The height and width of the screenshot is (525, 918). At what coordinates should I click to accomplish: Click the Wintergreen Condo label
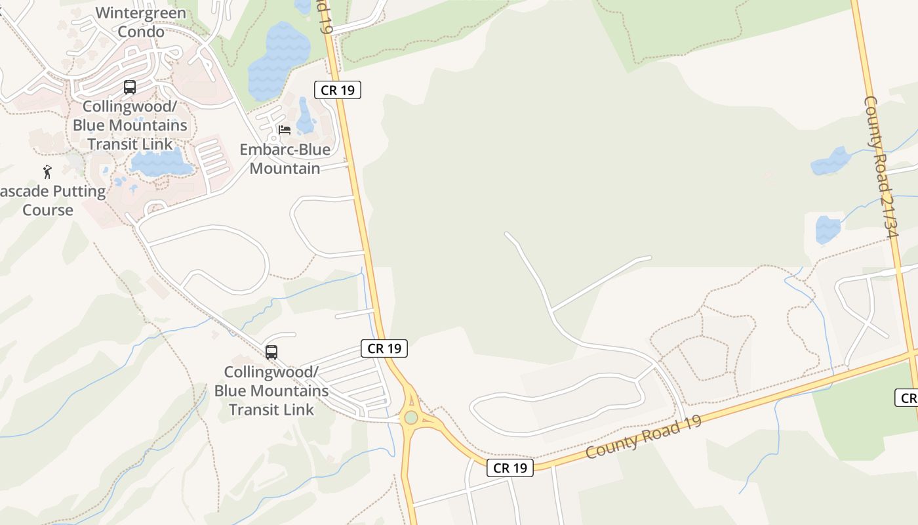pyautogui.click(x=141, y=22)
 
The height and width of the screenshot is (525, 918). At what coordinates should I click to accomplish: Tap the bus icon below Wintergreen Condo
pyautogui.click(x=130, y=87)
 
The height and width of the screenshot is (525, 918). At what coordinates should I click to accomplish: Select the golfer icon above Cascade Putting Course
pyautogui.click(x=47, y=173)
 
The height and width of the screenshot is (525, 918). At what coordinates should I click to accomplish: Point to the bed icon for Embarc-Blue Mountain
pyautogui.click(x=285, y=130)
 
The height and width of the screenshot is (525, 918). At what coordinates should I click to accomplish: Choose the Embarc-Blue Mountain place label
pyautogui.click(x=285, y=159)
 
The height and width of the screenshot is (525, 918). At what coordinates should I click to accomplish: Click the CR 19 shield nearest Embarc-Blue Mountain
pyautogui.click(x=338, y=90)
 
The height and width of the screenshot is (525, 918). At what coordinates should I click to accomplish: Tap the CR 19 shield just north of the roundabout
pyautogui.click(x=384, y=348)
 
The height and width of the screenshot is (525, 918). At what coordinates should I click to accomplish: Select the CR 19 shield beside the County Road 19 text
pyautogui.click(x=509, y=468)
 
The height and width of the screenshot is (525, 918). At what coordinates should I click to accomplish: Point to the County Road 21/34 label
pyautogui.click(x=881, y=167)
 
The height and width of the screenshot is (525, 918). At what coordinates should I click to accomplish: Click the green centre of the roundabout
pyautogui.click(x=411, y=417)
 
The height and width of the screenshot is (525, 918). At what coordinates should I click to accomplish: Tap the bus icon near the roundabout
pyautogui.click(x=271, y=352)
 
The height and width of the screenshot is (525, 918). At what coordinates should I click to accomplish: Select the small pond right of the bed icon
pyautogui.click(x=306, y=117)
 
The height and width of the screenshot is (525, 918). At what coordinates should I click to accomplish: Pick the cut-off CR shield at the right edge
pyautogui.click(x=908, y=398)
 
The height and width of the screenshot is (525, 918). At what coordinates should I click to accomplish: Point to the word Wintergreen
pyautogui.click(x=141, y=13)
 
